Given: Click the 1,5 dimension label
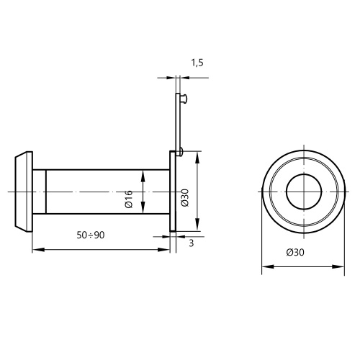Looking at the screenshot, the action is pos(197,63).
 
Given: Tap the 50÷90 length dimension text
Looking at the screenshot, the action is pos(91,235).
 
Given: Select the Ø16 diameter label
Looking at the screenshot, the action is pos(129,199).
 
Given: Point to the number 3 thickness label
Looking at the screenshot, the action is pos(191,243).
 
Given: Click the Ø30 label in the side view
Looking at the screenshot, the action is pos(185,198).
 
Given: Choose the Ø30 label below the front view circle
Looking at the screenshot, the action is pos(295,252).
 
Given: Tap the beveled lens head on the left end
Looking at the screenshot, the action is pos(24,192).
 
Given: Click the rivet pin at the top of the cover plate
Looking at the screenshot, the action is pos(184,99).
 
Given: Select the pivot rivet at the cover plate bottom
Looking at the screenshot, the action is pos(181,151).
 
